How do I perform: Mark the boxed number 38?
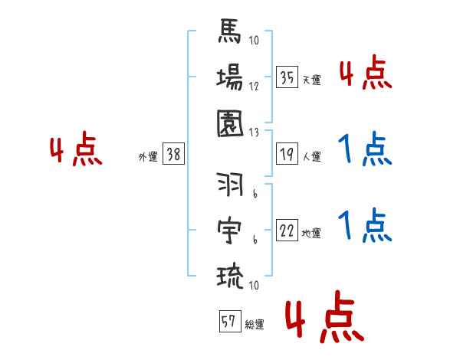[173, 154]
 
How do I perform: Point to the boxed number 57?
[228, 322]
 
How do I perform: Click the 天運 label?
[311, 80]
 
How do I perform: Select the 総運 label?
[254, 325]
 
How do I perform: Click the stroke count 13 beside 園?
[254, 132]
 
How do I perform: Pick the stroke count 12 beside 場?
[254, 87]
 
